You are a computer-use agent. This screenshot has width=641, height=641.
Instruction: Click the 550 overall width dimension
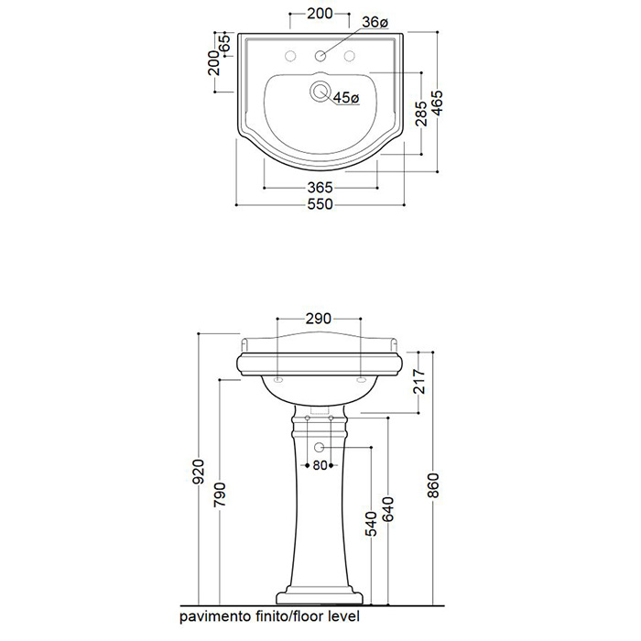pos(320,204)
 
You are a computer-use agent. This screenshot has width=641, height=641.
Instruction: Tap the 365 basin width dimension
pos(320,188)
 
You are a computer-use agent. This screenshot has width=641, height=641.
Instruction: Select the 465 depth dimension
pos(437,103)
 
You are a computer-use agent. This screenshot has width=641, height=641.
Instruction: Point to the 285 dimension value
pos(420,114)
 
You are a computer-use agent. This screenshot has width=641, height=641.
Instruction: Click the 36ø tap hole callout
pos(375,22)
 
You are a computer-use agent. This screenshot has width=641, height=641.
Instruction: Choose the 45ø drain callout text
pos(346,98)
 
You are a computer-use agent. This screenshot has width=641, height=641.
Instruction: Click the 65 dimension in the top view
pos(224,43)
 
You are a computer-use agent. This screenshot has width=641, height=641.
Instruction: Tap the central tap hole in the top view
pos(320,56)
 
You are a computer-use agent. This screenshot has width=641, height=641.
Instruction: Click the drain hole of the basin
pos(320,91)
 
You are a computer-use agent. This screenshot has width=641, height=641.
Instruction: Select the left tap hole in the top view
pos(290,56)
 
